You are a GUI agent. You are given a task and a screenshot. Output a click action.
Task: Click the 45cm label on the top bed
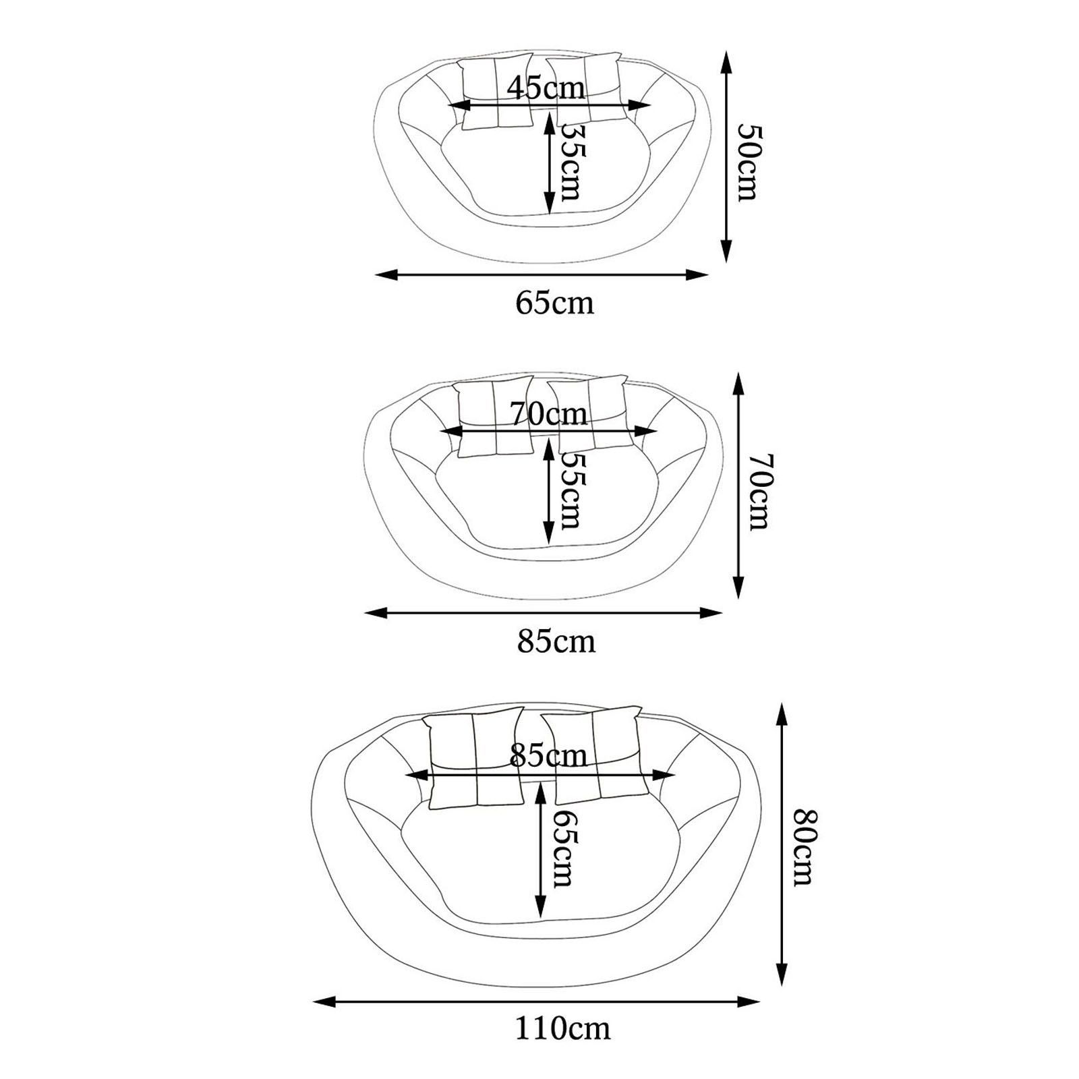546,88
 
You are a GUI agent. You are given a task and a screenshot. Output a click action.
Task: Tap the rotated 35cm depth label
573,161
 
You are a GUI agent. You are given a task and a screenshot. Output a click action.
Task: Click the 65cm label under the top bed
554,303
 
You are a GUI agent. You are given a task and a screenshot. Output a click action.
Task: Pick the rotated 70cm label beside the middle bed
758,492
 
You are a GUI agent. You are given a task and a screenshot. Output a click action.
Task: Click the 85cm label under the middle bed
556,641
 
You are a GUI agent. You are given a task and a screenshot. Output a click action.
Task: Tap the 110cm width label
563,1048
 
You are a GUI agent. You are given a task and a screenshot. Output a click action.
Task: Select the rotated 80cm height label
805,847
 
